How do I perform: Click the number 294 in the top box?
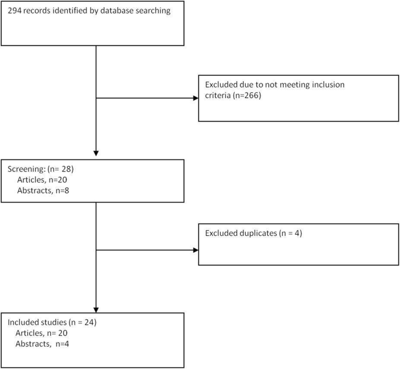(15, 11)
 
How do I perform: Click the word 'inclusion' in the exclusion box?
(326, 85)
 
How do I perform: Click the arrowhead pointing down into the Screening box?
(95, 154)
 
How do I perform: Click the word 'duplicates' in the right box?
(257, 233)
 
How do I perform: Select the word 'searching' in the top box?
(154, 11)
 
